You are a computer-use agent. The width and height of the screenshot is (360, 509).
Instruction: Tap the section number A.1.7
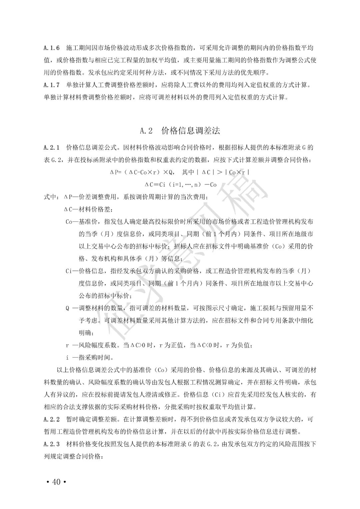(52, 85)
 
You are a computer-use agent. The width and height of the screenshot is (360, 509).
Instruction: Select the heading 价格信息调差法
(191, 131)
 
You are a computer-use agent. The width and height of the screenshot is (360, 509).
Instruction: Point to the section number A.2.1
(52, 147)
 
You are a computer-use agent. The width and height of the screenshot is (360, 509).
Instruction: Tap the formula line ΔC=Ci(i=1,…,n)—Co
(180, 184)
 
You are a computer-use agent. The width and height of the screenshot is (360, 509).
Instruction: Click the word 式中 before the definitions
(50, 197)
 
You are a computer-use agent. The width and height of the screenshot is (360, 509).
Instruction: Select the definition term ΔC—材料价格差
(88, 209)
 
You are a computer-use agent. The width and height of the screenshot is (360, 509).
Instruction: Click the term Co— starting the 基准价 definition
(71, 222)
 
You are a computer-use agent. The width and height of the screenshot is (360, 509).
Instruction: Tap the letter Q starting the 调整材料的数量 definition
(68, 308)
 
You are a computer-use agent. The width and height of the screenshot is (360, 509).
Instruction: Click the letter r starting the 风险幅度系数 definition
(67, 345)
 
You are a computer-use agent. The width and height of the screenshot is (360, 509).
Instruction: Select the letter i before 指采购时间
(67, 358)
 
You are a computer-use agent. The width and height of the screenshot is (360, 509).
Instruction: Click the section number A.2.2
(52, 419)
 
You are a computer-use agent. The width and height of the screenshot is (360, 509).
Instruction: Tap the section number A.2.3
(52, 444)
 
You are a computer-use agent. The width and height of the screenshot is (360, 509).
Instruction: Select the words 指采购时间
(95, 358)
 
